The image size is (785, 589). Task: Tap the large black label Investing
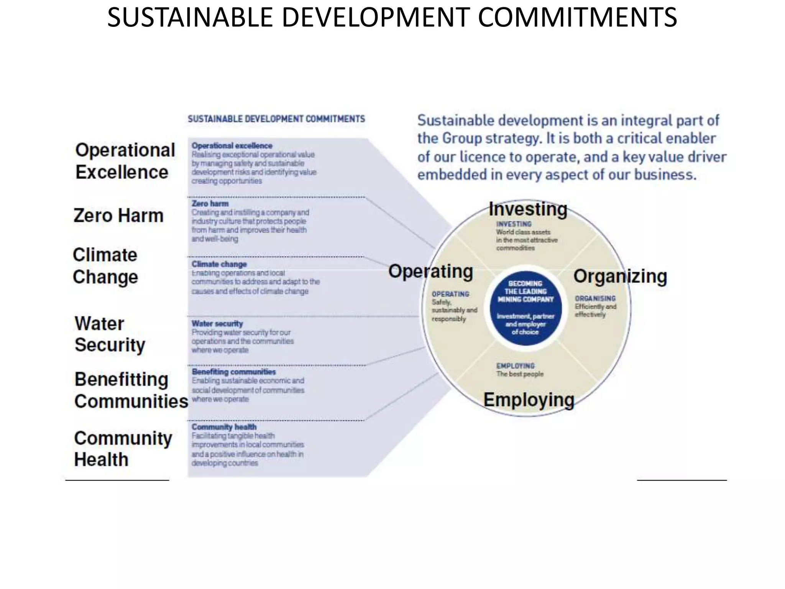click(x=528, y=209)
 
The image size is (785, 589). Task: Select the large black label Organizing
click(x=620, y=276)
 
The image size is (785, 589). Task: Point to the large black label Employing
click(x=529, y=400)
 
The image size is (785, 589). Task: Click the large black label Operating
click(x=430, y=271)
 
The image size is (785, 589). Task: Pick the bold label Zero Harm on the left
click(x=118, y=216)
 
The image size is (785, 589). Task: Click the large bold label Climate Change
click(x=105, y=266)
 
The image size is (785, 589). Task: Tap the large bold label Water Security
click(x=110, y=334)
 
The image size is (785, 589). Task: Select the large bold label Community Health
click(x=123, y=449)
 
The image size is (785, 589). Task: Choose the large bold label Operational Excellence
click(x=125, y=161)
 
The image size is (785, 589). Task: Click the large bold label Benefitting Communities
click(x=131, y=390)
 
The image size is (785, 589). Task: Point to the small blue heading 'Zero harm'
click(x=210, y=204)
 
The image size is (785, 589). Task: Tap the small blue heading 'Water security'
click(x=217, y=324)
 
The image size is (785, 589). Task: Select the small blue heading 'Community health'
click(x=224, y=427)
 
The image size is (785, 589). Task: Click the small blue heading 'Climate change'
click(x=219, y=264)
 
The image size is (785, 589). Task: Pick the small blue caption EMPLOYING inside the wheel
click(x=515, y=366)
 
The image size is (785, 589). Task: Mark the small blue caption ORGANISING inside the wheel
click(x=595, y=298)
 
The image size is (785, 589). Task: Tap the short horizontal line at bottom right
click(x=682, y=480)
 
